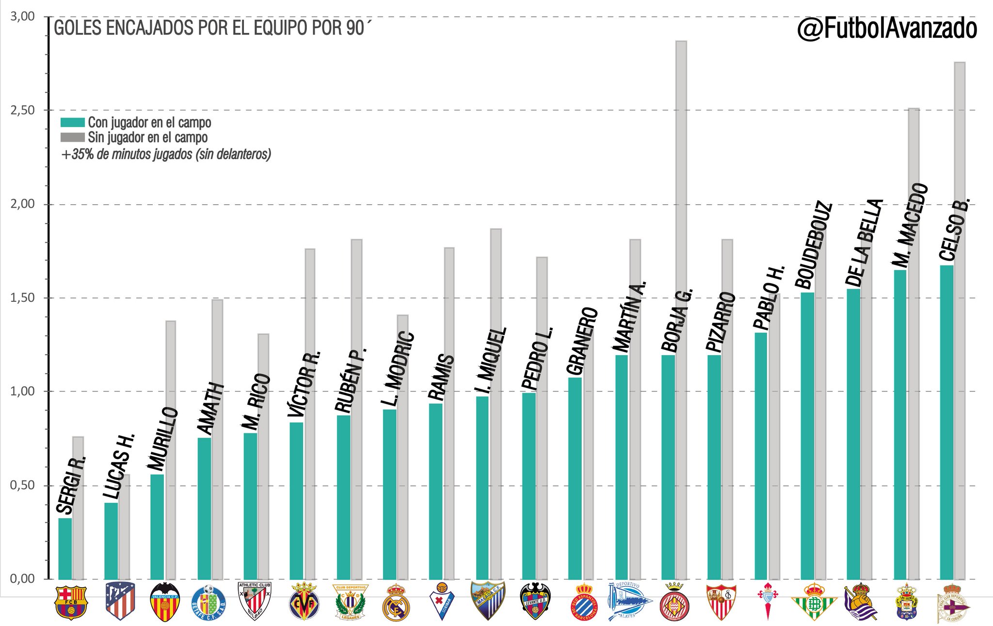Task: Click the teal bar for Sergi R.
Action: (65, 548)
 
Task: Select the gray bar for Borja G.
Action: (681, 310)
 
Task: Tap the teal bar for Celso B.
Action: (946, 422)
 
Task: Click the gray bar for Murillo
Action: (171, 450)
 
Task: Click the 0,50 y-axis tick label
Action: (23, 485)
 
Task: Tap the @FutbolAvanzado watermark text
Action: (887, 30)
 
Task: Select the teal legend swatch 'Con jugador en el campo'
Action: (73, 122)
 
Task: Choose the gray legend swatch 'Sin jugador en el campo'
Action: (73, 137)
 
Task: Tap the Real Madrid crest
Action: (396, 602)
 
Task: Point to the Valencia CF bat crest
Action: (165, 602)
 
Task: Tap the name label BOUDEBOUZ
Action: (814, 245)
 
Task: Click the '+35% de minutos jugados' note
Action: (166, 155)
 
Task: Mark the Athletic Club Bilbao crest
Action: (256, 601)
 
